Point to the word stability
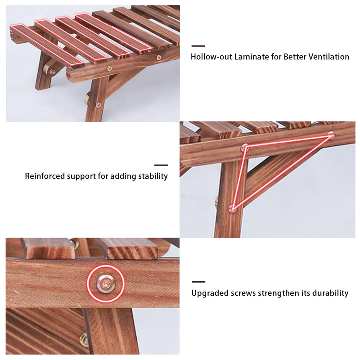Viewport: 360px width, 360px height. coord(153,176)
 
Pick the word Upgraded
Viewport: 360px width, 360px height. coord(209,293)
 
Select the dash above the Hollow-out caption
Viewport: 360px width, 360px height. coord(198,46)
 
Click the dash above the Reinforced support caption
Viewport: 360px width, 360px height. coord(161,165)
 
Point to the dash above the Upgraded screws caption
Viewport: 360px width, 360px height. coord(198,282)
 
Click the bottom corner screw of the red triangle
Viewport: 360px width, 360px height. coord(233,208)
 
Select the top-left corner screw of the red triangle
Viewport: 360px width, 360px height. coord(245,146)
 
